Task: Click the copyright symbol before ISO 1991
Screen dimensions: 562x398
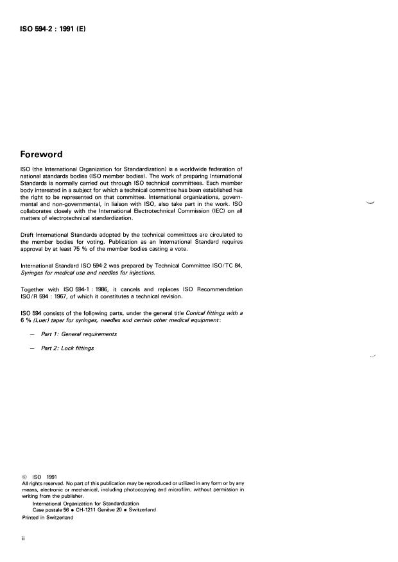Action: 24,477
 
